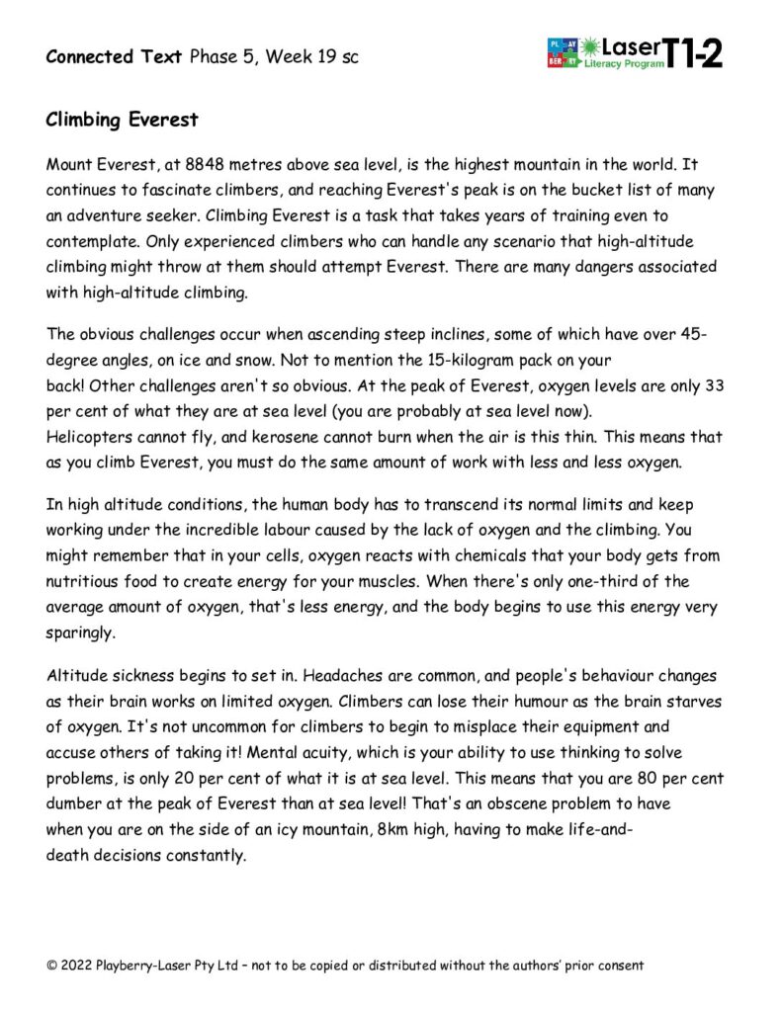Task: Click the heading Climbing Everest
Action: point(122,121)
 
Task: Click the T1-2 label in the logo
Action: point(694,51)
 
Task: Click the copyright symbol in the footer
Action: point(51,965)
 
